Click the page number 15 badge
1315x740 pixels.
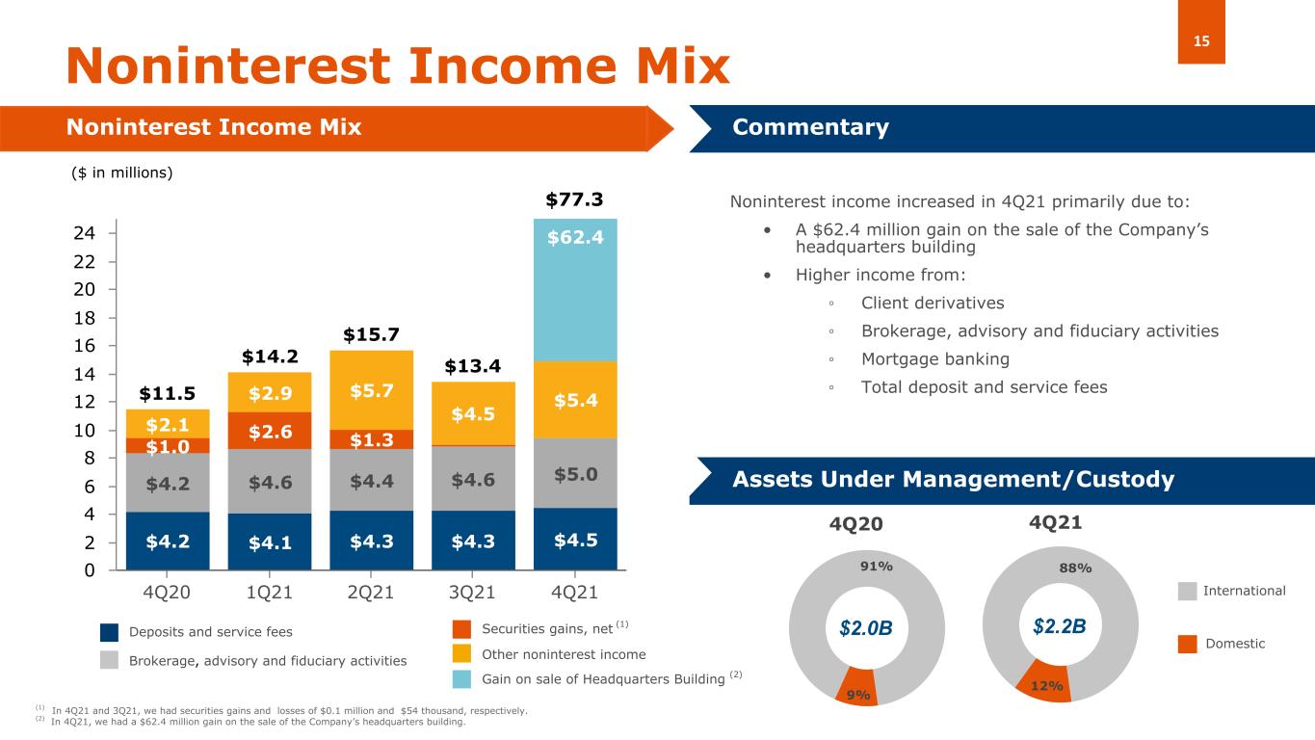tap(1201, 40)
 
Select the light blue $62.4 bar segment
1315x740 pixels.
tap(575, 289)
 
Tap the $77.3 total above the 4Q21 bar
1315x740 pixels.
tap(574, 199)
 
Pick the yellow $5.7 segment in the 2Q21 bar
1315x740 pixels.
tap(370, 389)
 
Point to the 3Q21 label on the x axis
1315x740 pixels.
tap(472, 591)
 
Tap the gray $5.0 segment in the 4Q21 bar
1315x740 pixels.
tap(575, 473)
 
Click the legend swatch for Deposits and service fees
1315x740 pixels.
tap(111, 632)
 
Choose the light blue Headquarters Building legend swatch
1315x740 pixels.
tap(462, 679)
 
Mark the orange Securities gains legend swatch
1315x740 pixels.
tap(462, 629)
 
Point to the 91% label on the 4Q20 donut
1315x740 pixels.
tap(876, 567)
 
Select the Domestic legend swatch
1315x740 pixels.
tap(1187, 643)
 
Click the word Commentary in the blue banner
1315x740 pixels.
tap(810, 127)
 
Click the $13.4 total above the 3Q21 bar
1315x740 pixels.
tap(472, 366)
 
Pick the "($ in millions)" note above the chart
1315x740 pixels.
tap(122, 172)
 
